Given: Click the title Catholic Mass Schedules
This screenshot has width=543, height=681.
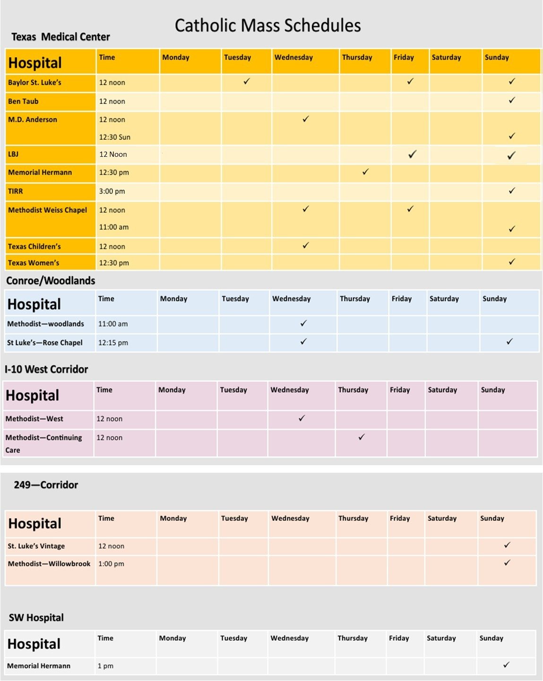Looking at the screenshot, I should tap(267, 26).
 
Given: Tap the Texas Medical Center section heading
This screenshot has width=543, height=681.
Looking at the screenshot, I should tap(60, 37).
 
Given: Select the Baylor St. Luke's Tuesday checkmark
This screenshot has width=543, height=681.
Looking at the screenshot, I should tap(247, 82).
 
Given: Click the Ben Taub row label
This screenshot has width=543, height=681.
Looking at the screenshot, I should tap(23, 101).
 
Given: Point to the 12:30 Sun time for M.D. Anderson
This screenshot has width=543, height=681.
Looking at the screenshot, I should tap(114, 137).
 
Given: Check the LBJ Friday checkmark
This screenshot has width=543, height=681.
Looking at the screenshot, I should tap(412, 154).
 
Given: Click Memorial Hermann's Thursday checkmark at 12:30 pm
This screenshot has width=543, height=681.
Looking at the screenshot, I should tap(365, 172).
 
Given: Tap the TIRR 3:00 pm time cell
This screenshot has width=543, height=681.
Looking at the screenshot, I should tap(112, 191).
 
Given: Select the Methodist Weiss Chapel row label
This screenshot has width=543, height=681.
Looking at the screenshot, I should tap(47, 210).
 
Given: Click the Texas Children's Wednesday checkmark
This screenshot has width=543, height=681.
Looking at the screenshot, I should tap(306, 246).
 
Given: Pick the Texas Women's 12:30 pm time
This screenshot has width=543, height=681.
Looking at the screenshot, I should tap(114, 263).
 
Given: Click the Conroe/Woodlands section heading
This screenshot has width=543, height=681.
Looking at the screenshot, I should tap(51, 281).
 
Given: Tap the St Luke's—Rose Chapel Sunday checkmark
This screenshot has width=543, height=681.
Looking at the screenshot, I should tap(509, 341).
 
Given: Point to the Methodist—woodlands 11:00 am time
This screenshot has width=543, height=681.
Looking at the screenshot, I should tap(113, 324).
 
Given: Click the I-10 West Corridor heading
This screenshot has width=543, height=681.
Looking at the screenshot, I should tap(46, 369).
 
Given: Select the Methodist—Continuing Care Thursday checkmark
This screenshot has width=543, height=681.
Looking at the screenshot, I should tap(362, 437).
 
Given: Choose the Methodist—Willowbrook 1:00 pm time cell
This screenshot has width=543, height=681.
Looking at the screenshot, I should tap(111, 563).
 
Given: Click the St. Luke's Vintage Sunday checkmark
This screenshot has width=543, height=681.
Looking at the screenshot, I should tap(507, 545).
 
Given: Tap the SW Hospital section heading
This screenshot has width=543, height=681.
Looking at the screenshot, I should tap(36, 618).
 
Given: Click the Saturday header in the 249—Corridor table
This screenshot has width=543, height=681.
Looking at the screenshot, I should tap(442, 518).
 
